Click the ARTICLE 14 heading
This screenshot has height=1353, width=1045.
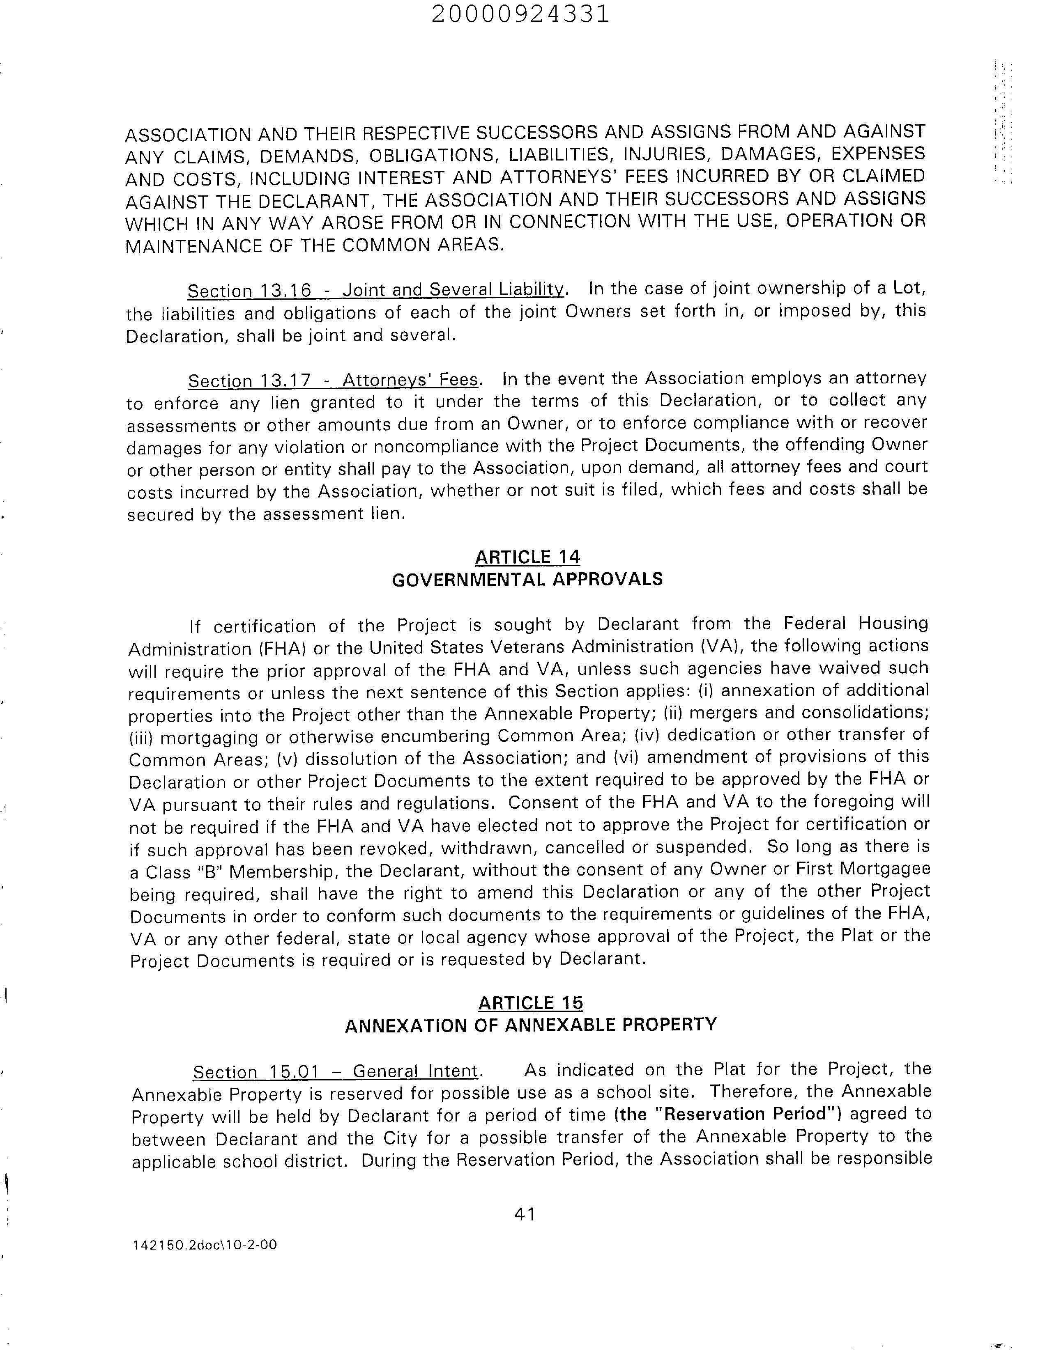[527, 557]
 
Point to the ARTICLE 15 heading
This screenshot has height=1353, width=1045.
[531, 1002]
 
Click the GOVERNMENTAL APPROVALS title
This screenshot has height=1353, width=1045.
[527, 579]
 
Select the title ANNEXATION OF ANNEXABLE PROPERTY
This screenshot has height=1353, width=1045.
[531, 1025]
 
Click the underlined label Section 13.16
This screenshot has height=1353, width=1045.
[249, 290]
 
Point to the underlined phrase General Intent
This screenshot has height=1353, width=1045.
[416, 1071]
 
